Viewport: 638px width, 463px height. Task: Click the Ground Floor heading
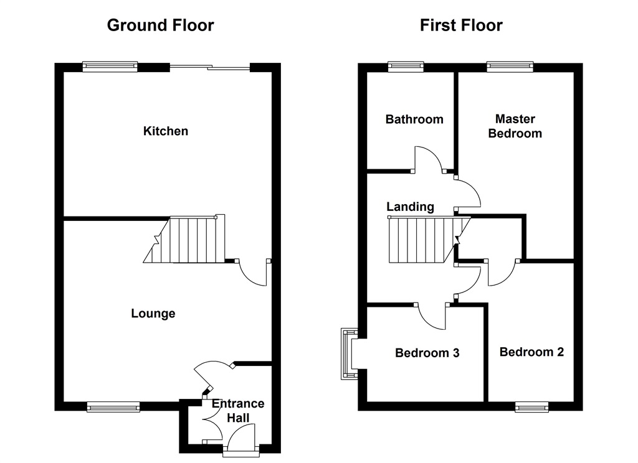point(160,25)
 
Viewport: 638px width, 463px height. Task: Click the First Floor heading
point(461,25)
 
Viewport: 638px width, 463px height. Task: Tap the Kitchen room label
point(166,131)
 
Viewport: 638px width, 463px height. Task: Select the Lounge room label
point(153,314)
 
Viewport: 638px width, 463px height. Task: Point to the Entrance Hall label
point(238,411)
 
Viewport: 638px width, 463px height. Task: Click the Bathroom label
point(414,119)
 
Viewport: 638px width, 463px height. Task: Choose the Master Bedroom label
point(515,126)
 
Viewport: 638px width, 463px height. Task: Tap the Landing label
point(410,207)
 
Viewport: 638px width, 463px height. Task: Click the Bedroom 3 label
point(427,352)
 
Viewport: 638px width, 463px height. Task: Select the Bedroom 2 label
point(532,352)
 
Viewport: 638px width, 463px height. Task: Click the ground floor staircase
point(184,239)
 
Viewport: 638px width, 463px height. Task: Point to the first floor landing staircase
point(429,240)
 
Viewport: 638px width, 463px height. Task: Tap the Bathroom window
point(406,67)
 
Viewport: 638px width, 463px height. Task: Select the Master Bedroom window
point(510,67)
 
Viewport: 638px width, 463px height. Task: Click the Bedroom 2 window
point(531,406)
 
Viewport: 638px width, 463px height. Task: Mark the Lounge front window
point(113,406)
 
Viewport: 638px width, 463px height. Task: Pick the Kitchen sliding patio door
point(209,68)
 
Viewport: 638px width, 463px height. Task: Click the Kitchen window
point(110,67)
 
